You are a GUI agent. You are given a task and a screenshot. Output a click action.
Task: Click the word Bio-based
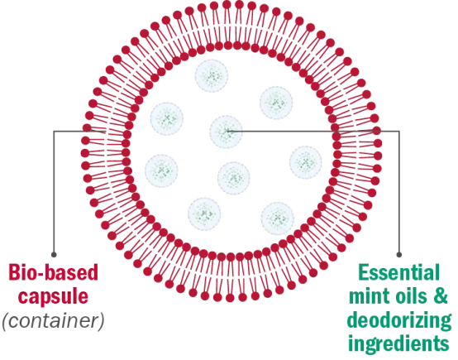(x=53, y=273)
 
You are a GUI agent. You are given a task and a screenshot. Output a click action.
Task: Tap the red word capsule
(x=53, y=297)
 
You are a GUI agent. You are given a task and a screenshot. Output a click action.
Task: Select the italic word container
(x=53, y=321)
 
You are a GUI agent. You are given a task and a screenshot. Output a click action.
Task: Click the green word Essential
(x=399, y=272)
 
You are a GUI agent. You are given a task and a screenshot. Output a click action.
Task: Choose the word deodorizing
(x=399, y=321)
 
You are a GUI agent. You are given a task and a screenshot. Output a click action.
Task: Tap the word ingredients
(x=399, y=343)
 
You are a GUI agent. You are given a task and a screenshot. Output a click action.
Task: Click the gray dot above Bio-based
(x=54, y=255)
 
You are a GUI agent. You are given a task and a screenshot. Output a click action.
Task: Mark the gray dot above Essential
(x=399, y=255)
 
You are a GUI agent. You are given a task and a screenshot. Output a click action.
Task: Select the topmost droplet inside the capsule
(x=212, y=76)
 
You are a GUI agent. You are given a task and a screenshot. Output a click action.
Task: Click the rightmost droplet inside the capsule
(x=306, y=161)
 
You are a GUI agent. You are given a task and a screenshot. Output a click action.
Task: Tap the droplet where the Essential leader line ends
(x=226, y=132)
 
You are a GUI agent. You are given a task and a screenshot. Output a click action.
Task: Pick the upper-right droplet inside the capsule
(x=276, y=103)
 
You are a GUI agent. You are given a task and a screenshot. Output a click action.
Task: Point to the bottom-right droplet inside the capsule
(x=278, y=218)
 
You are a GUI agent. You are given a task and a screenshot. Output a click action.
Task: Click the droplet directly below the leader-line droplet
(x=234, y=178)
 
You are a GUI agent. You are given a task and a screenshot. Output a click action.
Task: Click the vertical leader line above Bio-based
(x=54, y=193)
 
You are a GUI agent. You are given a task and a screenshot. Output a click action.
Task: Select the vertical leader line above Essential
(x=399, y=193)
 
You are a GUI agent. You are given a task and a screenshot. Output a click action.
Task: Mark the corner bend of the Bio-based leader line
(x=54, y=132)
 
